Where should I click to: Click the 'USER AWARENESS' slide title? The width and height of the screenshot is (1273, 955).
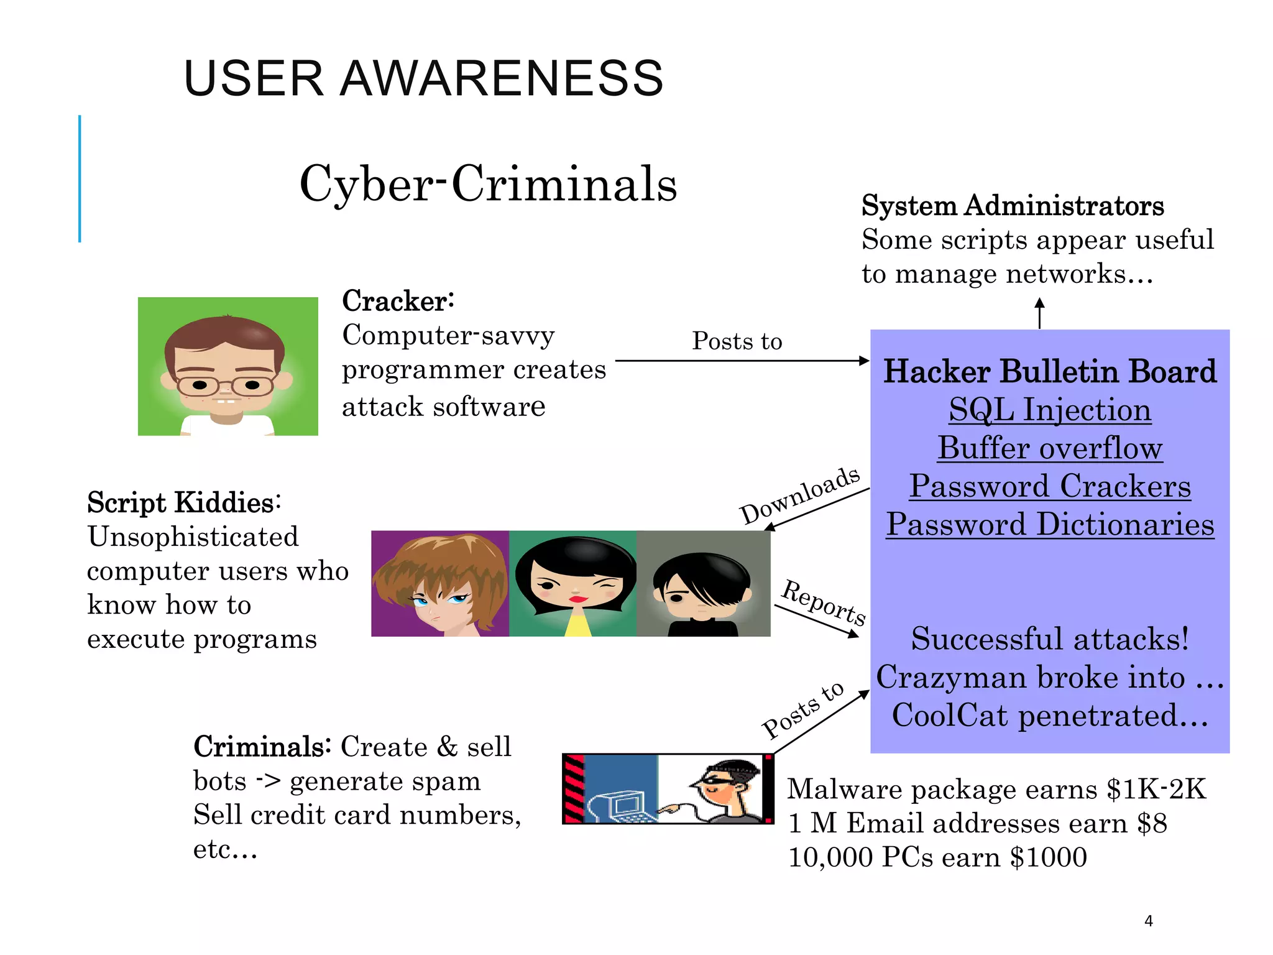point(423,78)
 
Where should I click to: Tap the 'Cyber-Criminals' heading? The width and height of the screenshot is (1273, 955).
point(488,184)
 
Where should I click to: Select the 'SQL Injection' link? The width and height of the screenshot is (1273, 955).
point(1050,410)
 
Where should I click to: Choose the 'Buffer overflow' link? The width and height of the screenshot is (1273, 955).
point(1050,448)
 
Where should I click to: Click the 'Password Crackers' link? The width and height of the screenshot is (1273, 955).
point(1050,486)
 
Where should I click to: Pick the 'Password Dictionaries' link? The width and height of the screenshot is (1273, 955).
point(1050,524)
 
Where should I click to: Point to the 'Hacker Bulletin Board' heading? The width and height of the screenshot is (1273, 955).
point(1050,371)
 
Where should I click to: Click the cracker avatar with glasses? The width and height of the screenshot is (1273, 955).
point(227,366)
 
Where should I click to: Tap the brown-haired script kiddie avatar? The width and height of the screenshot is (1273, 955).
point(440,583)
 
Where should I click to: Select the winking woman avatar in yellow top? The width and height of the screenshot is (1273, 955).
point(573,583)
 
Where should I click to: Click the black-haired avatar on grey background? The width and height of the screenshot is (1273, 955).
point(703,583)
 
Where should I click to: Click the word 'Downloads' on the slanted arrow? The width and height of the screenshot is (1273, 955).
point(800,496)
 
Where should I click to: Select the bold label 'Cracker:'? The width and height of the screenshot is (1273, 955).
point(398,302)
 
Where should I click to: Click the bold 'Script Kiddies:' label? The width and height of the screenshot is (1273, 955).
point(184,502)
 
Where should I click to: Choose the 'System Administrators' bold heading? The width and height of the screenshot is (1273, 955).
point(1013,206)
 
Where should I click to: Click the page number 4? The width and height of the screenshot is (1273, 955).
point(1148,921)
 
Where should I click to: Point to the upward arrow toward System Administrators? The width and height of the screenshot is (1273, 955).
point(1039,313)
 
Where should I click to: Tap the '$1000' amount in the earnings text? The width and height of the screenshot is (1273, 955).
point(1048,857)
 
